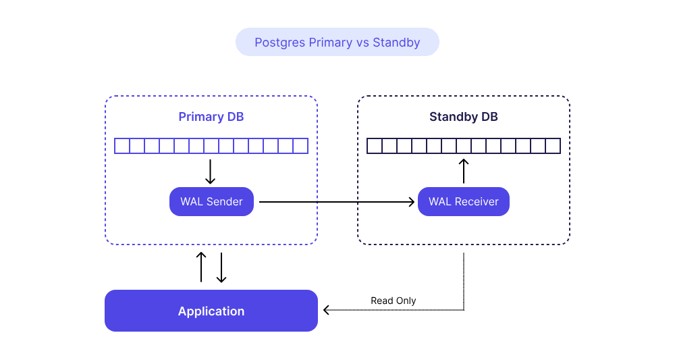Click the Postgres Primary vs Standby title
click(337, 42)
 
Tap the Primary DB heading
click(211, 117)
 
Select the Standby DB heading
click(464, 117)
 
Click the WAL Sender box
click(211, 201)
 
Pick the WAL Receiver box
click(464, 201)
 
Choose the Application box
click(211, 311)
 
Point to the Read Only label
click(393, 301)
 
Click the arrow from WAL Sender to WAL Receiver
click(337, 201)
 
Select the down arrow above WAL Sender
click(210, 172)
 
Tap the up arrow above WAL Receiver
click(464, 171)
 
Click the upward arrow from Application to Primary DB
click(201, 267)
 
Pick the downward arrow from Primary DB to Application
click(221, 267)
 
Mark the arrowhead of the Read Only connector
click(326, 309)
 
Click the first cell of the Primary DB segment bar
click(122, 146)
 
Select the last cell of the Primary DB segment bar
click(300, 146)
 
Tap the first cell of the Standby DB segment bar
click(375, 146)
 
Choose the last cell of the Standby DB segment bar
click(553, 146)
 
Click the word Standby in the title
click(396, 43)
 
